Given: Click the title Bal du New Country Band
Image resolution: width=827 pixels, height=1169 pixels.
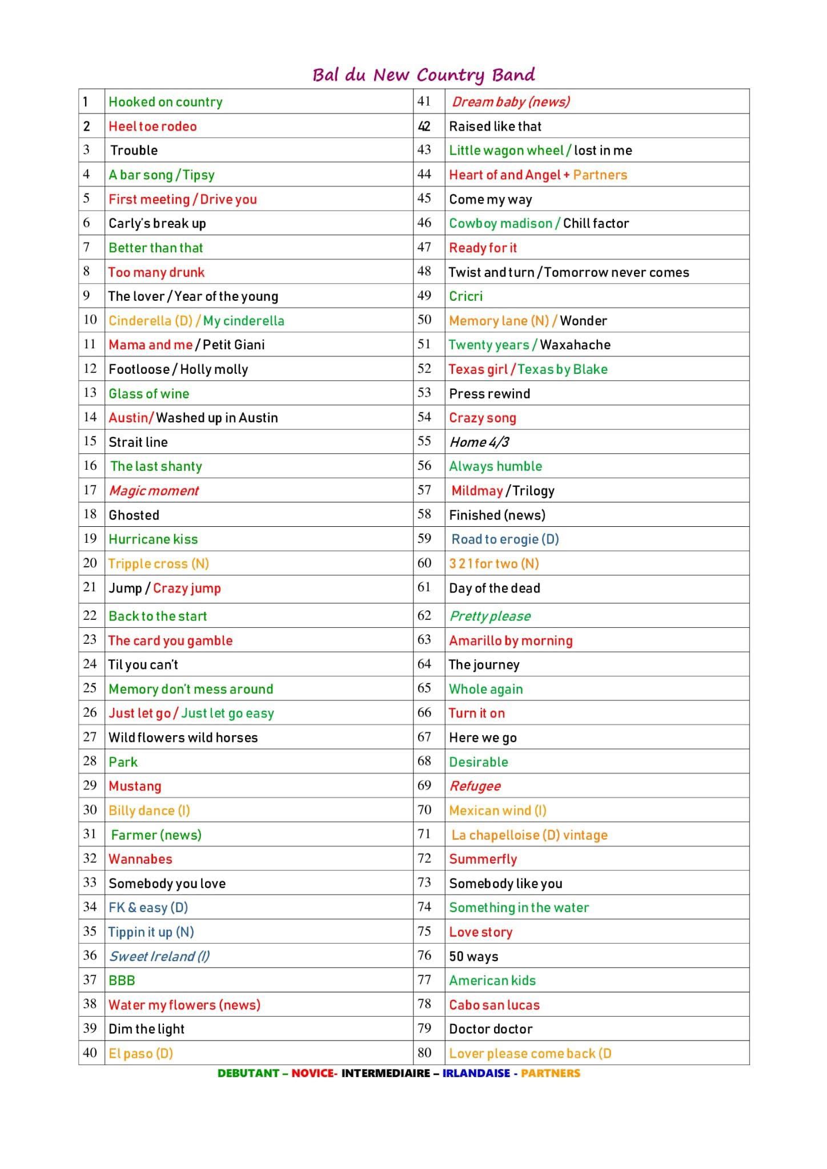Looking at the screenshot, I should (x=423, y=75).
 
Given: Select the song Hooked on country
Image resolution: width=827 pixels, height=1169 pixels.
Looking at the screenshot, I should (x=165, y=102).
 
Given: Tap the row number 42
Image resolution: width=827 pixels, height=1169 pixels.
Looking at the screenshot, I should (x=424, y=126).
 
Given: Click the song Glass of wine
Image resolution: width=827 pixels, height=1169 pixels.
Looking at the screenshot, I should (x=148, y=393).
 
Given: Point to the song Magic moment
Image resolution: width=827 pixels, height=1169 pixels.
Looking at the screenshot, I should (x=154, y=491).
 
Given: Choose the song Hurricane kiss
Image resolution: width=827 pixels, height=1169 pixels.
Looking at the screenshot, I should (x=153, y=539).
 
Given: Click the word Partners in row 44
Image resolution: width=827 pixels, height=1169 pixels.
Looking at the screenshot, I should (x=600, y=175).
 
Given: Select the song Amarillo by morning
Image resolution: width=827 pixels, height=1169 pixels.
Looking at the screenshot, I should (x=511, y=640).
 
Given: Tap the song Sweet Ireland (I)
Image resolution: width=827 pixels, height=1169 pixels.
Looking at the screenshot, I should (x=159, y=956).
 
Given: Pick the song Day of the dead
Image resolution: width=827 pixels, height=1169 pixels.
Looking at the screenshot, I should (x=494, y=588).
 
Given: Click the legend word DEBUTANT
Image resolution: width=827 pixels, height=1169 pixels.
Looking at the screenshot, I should (x=248, y=1073).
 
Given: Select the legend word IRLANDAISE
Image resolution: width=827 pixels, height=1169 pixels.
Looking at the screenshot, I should (x=476, y=1073).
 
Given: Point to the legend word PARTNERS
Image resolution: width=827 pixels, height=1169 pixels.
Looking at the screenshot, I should (x=550, y=1073).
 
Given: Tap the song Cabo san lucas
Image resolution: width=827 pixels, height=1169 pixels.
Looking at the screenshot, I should (x=494, y=1005).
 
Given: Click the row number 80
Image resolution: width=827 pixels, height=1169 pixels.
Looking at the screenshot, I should (x=424, y=1053).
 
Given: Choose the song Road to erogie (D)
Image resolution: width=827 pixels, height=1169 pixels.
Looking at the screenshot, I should (x=505, y=539).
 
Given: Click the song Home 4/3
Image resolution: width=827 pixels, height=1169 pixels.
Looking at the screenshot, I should (x=479, y=442).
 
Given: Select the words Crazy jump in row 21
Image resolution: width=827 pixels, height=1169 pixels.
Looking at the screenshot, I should (x=187, y=588).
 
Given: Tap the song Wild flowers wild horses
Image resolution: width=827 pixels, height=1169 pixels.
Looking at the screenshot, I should (x=183, y=737).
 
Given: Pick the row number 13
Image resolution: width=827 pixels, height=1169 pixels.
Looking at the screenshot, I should (x=90, y=393).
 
